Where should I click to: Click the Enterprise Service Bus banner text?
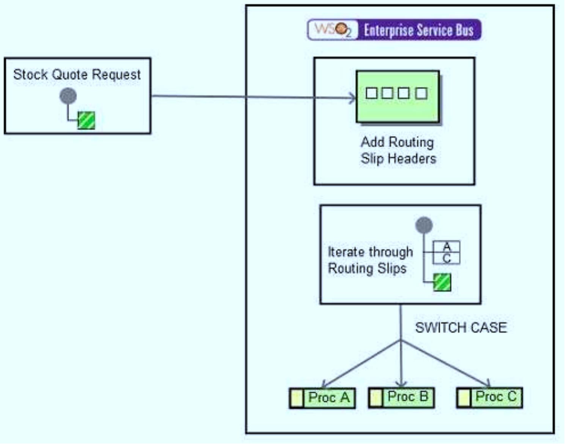[418, 30]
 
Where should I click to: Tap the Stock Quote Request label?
[77, 74]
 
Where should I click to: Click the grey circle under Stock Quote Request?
[68, 96]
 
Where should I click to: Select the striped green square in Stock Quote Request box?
[86, 120]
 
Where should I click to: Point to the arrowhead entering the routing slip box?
[352, 98]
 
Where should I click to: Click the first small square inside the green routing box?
[371, 93]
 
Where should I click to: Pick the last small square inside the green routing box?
[421, 93]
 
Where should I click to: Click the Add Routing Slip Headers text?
[398, 150]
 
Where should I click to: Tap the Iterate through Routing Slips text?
[370, 260]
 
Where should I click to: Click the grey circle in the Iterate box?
[424, 225]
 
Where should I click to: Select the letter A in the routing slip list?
[447, 247]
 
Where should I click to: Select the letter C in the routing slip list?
[447, 259]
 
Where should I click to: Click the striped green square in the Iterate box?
[442, 282]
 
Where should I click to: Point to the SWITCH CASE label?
[461, 327]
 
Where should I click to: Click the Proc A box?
[323, 398]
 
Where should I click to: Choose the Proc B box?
[402, 397]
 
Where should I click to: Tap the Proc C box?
[490, 397]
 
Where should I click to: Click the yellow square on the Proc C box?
[464, 398]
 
